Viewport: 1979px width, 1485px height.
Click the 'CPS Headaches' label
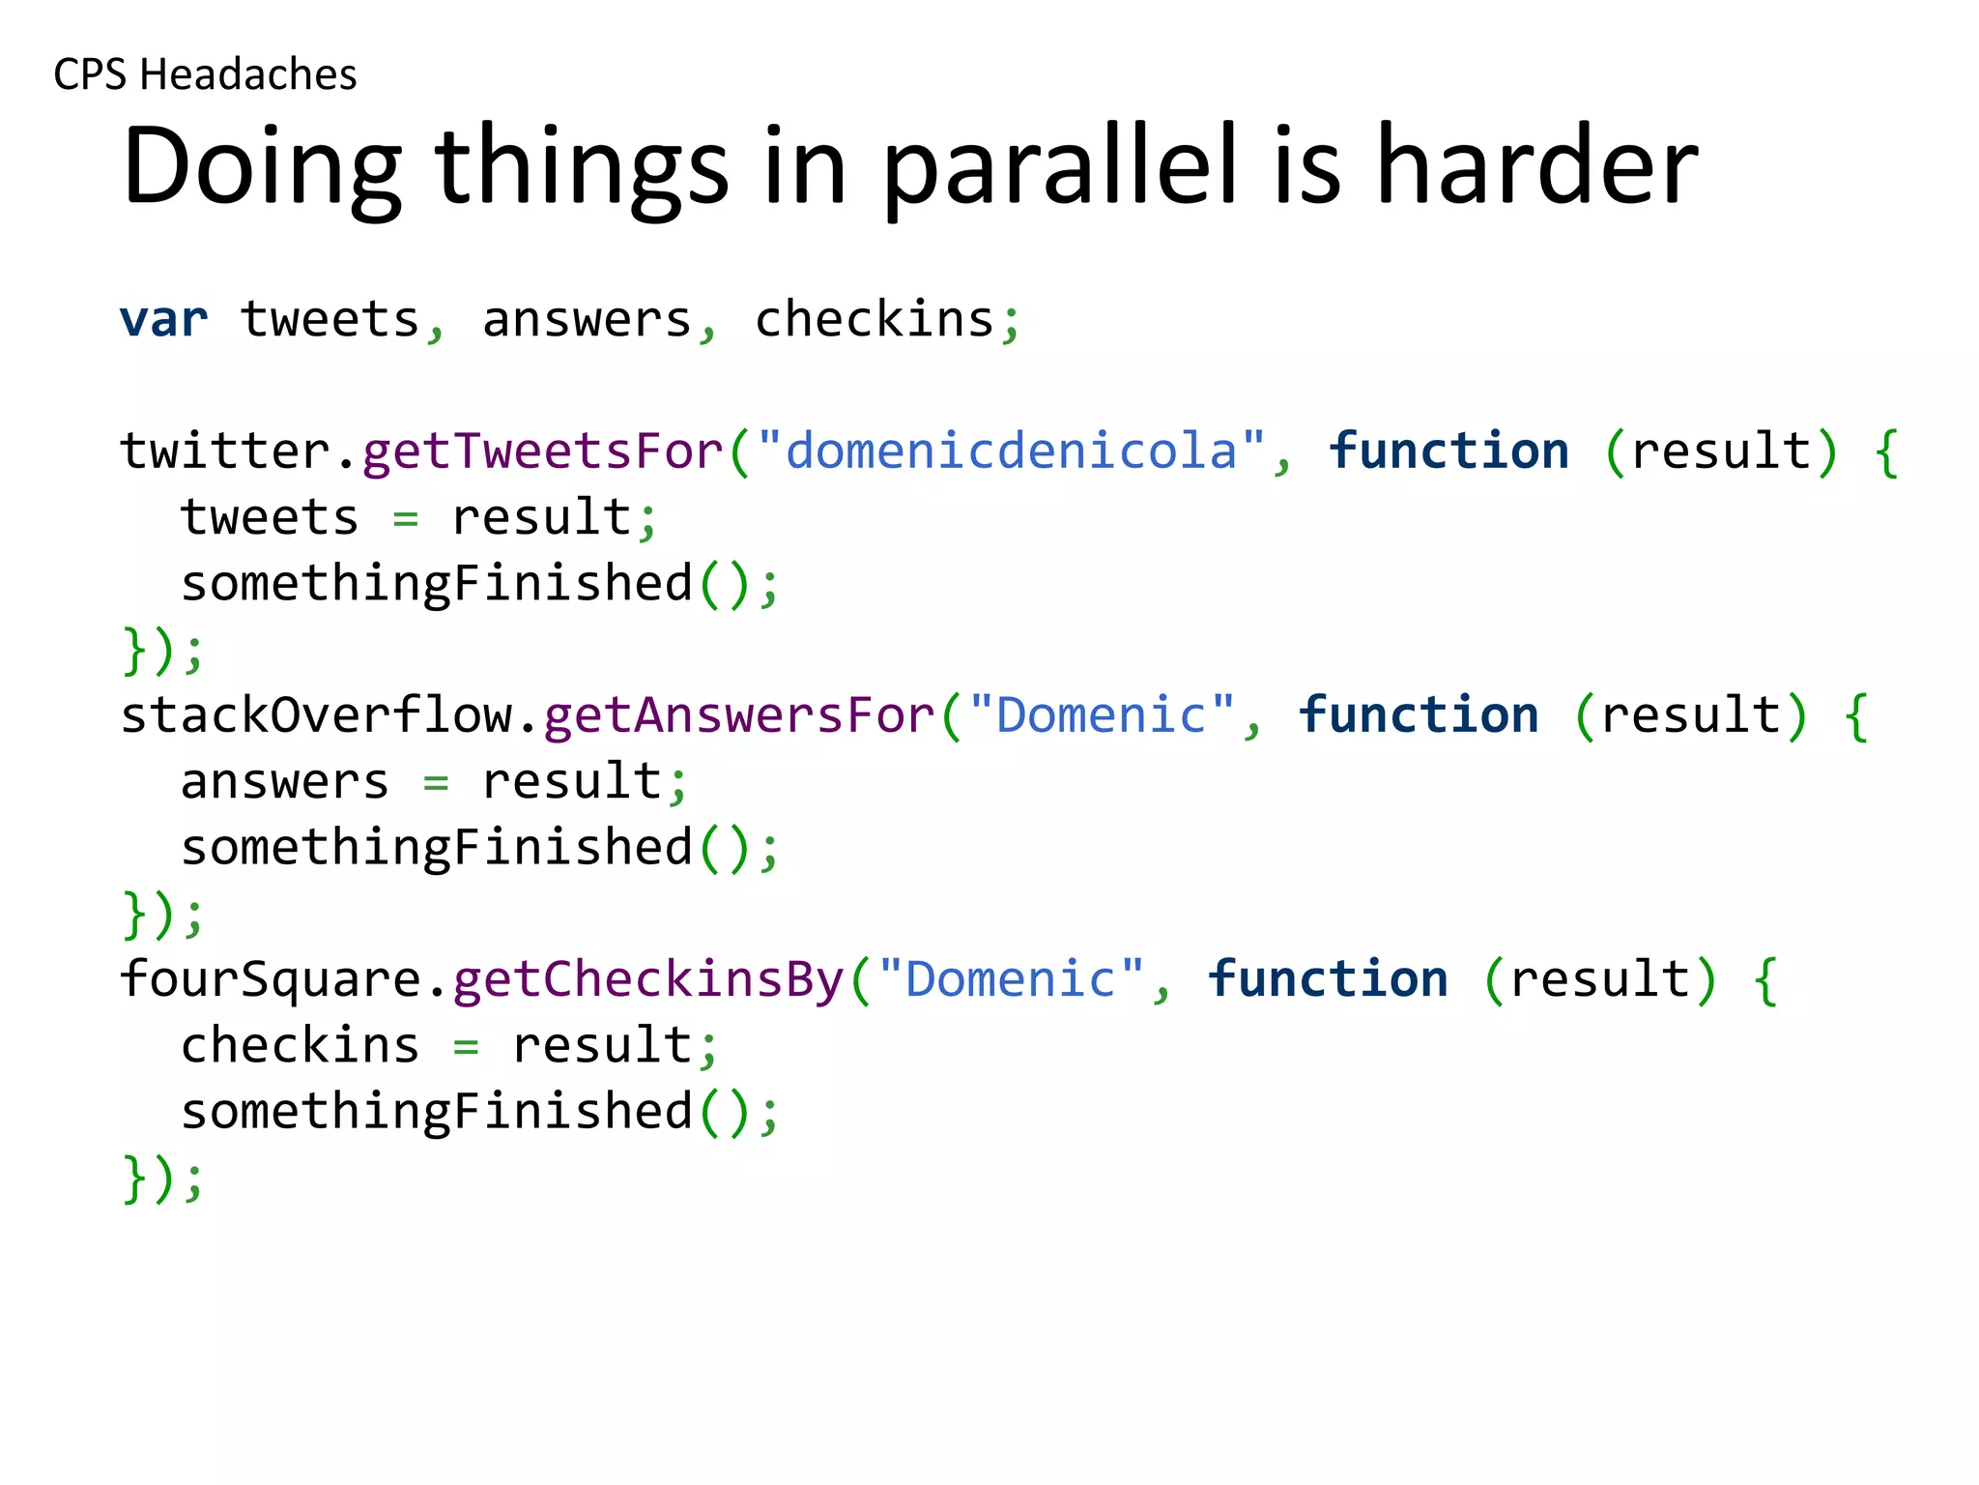[205, 74]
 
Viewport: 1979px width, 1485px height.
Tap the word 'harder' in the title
[1535, 166]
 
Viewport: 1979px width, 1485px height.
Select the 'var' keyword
[163, 319]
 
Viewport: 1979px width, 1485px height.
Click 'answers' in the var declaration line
[587, 319]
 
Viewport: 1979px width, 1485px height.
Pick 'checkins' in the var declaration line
[874, 319]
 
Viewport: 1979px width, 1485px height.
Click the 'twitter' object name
[224, 451]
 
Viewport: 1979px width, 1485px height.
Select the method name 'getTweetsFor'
[542, 451]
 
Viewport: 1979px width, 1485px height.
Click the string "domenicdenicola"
[1011, 451]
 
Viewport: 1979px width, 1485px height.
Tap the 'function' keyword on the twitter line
[1448, 451]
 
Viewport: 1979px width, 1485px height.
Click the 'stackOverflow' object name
[316, 715]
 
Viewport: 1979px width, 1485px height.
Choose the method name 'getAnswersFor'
[739, 715]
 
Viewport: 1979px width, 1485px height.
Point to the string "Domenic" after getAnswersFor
[1101, 715]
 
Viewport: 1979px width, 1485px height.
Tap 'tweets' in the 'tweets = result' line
[270, 517]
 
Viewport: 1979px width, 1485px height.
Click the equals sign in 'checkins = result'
[466, 1046]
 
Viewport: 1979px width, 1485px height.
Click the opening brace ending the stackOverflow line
[1855, 717]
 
